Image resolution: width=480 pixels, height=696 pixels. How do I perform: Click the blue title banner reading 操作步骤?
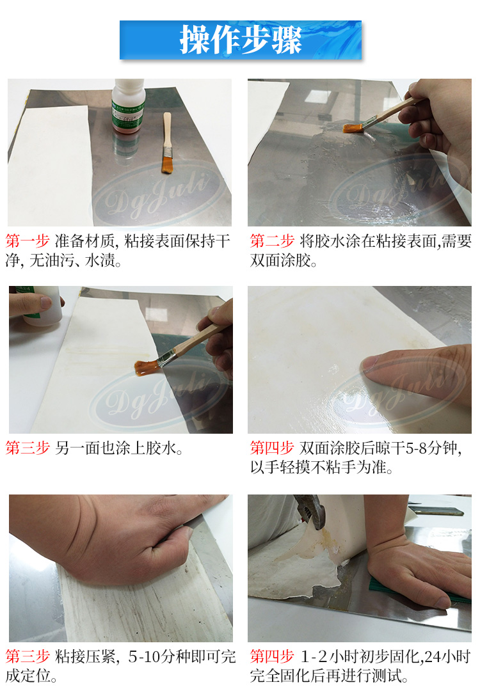[240, 40]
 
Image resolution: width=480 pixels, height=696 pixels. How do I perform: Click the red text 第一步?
[28, 241]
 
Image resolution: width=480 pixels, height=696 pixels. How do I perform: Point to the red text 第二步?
[272, 241]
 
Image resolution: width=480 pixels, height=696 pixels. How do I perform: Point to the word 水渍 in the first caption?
[100, 260]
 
